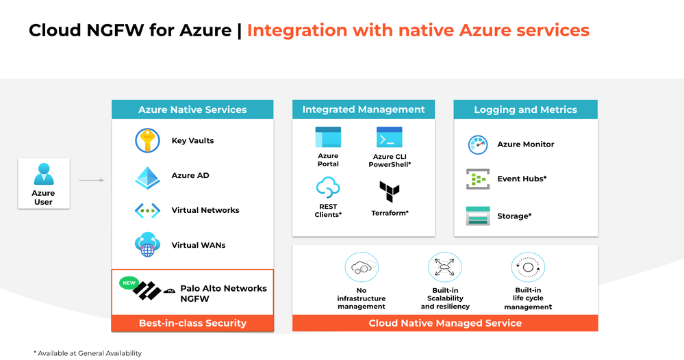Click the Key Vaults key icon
[147, 141]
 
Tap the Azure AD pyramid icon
[147, 176]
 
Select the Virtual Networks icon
[147, 211]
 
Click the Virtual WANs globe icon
[147, 244]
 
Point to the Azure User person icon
[43, 175]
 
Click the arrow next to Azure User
[91, 181]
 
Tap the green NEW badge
[129, 282]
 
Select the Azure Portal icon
[328, 138]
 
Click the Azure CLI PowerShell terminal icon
[389, 138]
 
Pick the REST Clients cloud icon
[328, 188]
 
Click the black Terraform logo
[389, 192]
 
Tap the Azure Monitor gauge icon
[477, 144]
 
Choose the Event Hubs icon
[477, 179]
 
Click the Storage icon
[477, 216]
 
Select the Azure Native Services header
[192, 110]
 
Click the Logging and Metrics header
[525, 110]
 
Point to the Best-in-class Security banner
[192, 323]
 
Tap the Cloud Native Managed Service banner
[445, 323]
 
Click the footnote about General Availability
[87, 353]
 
